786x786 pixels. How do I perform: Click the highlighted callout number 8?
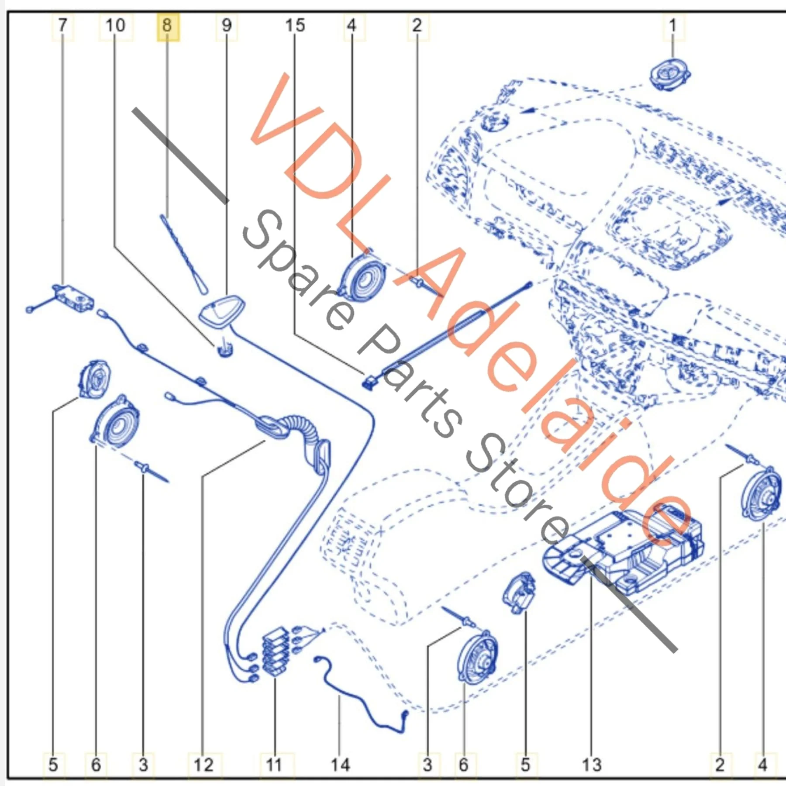tap(168, 26)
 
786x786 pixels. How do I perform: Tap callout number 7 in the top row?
tap(63, 26)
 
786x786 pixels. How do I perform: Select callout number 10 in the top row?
tap(116, 26)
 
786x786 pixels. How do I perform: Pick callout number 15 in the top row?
tap(295, 26)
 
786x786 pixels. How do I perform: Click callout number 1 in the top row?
tap(673, 26)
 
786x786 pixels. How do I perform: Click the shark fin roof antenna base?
tap(222, 310)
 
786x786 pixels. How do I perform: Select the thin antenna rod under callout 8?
tap(183, 254)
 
